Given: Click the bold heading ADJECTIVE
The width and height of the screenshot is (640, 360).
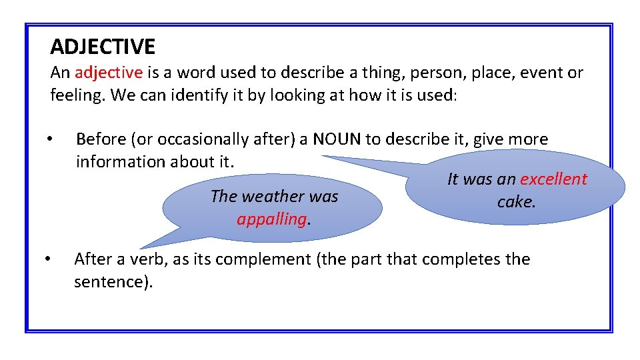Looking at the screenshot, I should pos(103,47).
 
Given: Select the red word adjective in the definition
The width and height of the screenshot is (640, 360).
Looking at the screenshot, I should pos(109,72).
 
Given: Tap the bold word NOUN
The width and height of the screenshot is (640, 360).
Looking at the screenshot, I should pos(337,139).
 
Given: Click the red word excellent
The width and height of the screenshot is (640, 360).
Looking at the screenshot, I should pos(553,179).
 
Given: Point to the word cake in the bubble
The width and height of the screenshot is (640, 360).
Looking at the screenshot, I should pos(516,202).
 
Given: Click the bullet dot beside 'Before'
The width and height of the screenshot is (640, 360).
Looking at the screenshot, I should pos(49,139).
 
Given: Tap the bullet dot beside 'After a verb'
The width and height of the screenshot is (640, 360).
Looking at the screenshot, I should pos(48,259).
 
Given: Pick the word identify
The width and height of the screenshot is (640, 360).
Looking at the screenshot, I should pos(181,95).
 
